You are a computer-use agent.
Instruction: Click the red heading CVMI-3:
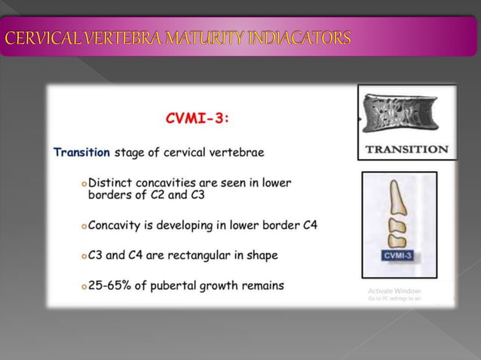click(x=197, y=118)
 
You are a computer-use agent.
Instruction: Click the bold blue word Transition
click(x=81, y=152)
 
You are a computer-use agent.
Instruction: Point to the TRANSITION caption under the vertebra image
click(x=406, y=149)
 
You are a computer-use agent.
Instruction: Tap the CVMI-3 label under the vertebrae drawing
click(x=398, y=255)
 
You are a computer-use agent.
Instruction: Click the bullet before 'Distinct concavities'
click(x=83, y=184)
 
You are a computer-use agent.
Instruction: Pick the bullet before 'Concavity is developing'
click(x=83, y=225)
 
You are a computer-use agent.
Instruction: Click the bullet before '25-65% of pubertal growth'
click(x=83, y=285)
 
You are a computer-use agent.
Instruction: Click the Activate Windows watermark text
click(x=394, y=291)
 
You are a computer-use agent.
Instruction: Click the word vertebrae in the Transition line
click(x=238, y=152)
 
